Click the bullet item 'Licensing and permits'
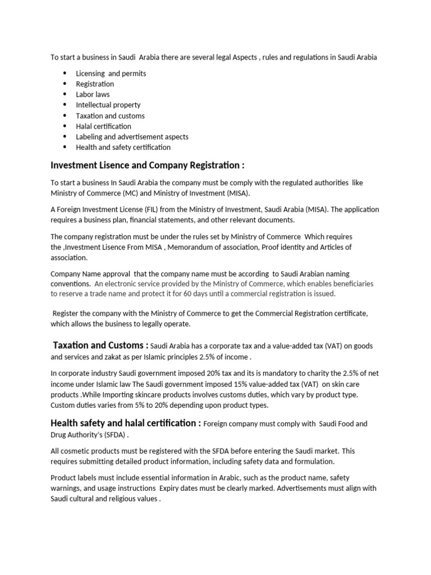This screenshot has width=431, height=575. click(111, 74)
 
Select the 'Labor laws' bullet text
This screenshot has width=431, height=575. click(93, 94)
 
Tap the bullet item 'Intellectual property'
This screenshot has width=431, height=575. click(108, 105)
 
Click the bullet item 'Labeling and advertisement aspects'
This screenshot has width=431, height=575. click(132, 137)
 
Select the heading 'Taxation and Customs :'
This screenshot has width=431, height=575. click(100, 345)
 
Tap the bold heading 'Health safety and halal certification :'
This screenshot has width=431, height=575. click(125, 423)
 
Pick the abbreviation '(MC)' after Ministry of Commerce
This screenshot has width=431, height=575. click(130, 193)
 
